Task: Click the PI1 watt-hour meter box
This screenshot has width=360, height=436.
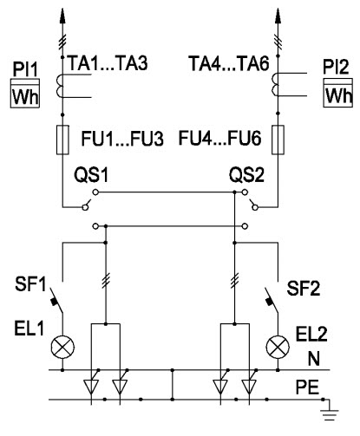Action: point(25,93)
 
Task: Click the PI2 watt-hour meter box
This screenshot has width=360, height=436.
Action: point(337,93)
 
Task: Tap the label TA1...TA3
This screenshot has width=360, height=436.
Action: point(108,63)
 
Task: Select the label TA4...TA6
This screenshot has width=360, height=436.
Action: point(229,63)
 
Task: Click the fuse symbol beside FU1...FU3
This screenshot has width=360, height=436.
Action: point(62,140)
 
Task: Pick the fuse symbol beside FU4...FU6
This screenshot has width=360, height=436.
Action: point(278,140)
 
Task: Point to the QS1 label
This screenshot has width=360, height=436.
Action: point(91,175)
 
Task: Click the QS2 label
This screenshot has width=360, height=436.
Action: point(246,175)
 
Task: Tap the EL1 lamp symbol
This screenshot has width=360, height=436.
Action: point(62,347)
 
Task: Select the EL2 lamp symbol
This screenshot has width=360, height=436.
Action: point(278,347)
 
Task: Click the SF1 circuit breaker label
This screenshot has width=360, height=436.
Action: point(30,284)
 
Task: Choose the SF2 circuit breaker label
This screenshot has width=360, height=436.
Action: point(304,288)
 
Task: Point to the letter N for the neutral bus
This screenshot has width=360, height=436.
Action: point(314,360)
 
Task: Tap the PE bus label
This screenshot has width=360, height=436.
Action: point(308,387)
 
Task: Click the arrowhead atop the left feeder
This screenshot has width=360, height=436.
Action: point(62,16)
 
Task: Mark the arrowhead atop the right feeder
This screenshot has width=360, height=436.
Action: point(278,16)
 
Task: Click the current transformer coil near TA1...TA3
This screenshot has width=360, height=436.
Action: point(60,86)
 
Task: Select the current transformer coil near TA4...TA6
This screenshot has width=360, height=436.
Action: point(275,84)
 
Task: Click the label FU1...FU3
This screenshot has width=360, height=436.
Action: point(122,139)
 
